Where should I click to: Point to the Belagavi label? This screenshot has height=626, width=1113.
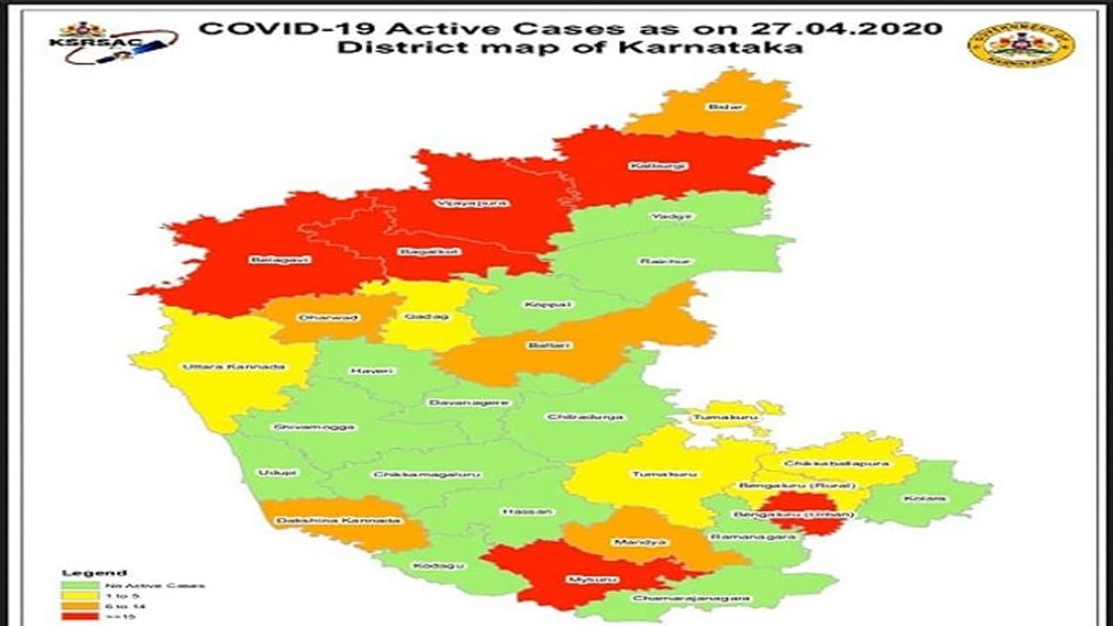pos(270,259)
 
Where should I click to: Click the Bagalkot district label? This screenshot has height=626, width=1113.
pos(417,252)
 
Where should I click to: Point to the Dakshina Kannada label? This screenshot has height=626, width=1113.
pos(338,521)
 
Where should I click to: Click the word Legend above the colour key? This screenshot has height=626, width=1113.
pos(94,573)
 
